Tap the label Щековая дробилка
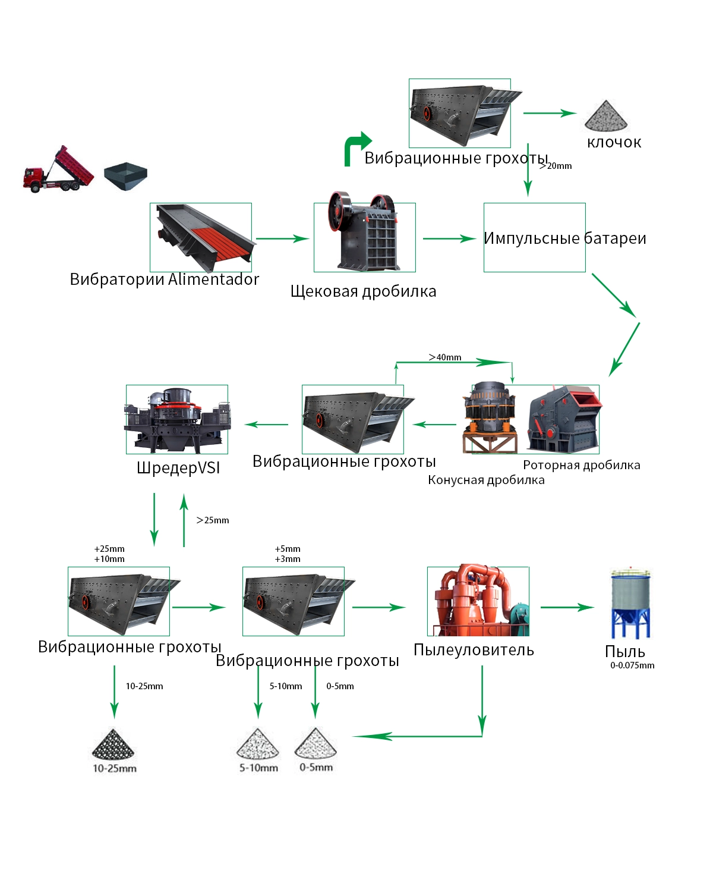[364, 291]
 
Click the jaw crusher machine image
[364, 231]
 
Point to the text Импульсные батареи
[564, 238]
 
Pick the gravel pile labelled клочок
[606, 116]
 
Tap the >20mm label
[555, 166]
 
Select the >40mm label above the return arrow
[444, 357]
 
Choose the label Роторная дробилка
[581, 465]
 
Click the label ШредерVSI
[178, 468]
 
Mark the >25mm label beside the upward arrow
[213, 520]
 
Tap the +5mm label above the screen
[288, 549]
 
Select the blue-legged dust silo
[630, 603]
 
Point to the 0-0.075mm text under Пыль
[632, 665]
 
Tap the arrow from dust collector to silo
[567, 607]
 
